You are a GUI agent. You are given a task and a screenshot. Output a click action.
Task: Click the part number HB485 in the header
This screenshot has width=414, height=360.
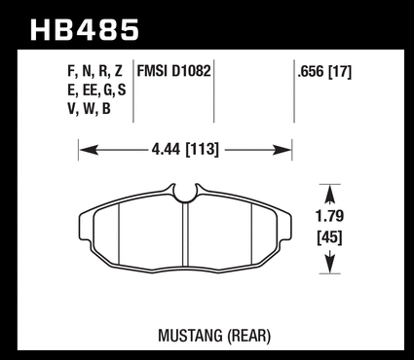pyautogui.click(x=85, y=30)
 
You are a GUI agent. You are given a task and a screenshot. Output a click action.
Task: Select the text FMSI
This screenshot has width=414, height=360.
pyautogui.click(x=153, y=71)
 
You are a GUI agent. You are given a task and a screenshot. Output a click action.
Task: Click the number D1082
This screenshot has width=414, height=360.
pyautogui.click(x=191, y=71)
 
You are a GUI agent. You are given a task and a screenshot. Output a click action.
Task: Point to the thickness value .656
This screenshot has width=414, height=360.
pyautogui.click(x=311, y=72)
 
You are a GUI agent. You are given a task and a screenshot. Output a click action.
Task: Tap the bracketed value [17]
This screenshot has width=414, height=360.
pyautogui.click(x=340, y=72)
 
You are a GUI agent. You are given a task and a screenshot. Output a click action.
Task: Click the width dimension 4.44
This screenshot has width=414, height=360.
pyautogui.click(x=166, y=150)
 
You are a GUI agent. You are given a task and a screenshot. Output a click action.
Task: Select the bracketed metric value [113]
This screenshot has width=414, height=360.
pyautogui.click(x=202, y=150)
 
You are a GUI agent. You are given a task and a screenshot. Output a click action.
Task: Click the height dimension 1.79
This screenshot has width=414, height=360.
pyautogui.click(x=329, y=216)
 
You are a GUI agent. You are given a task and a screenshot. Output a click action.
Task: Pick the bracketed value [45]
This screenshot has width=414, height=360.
pyautogui.click(x=329, y=238)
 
